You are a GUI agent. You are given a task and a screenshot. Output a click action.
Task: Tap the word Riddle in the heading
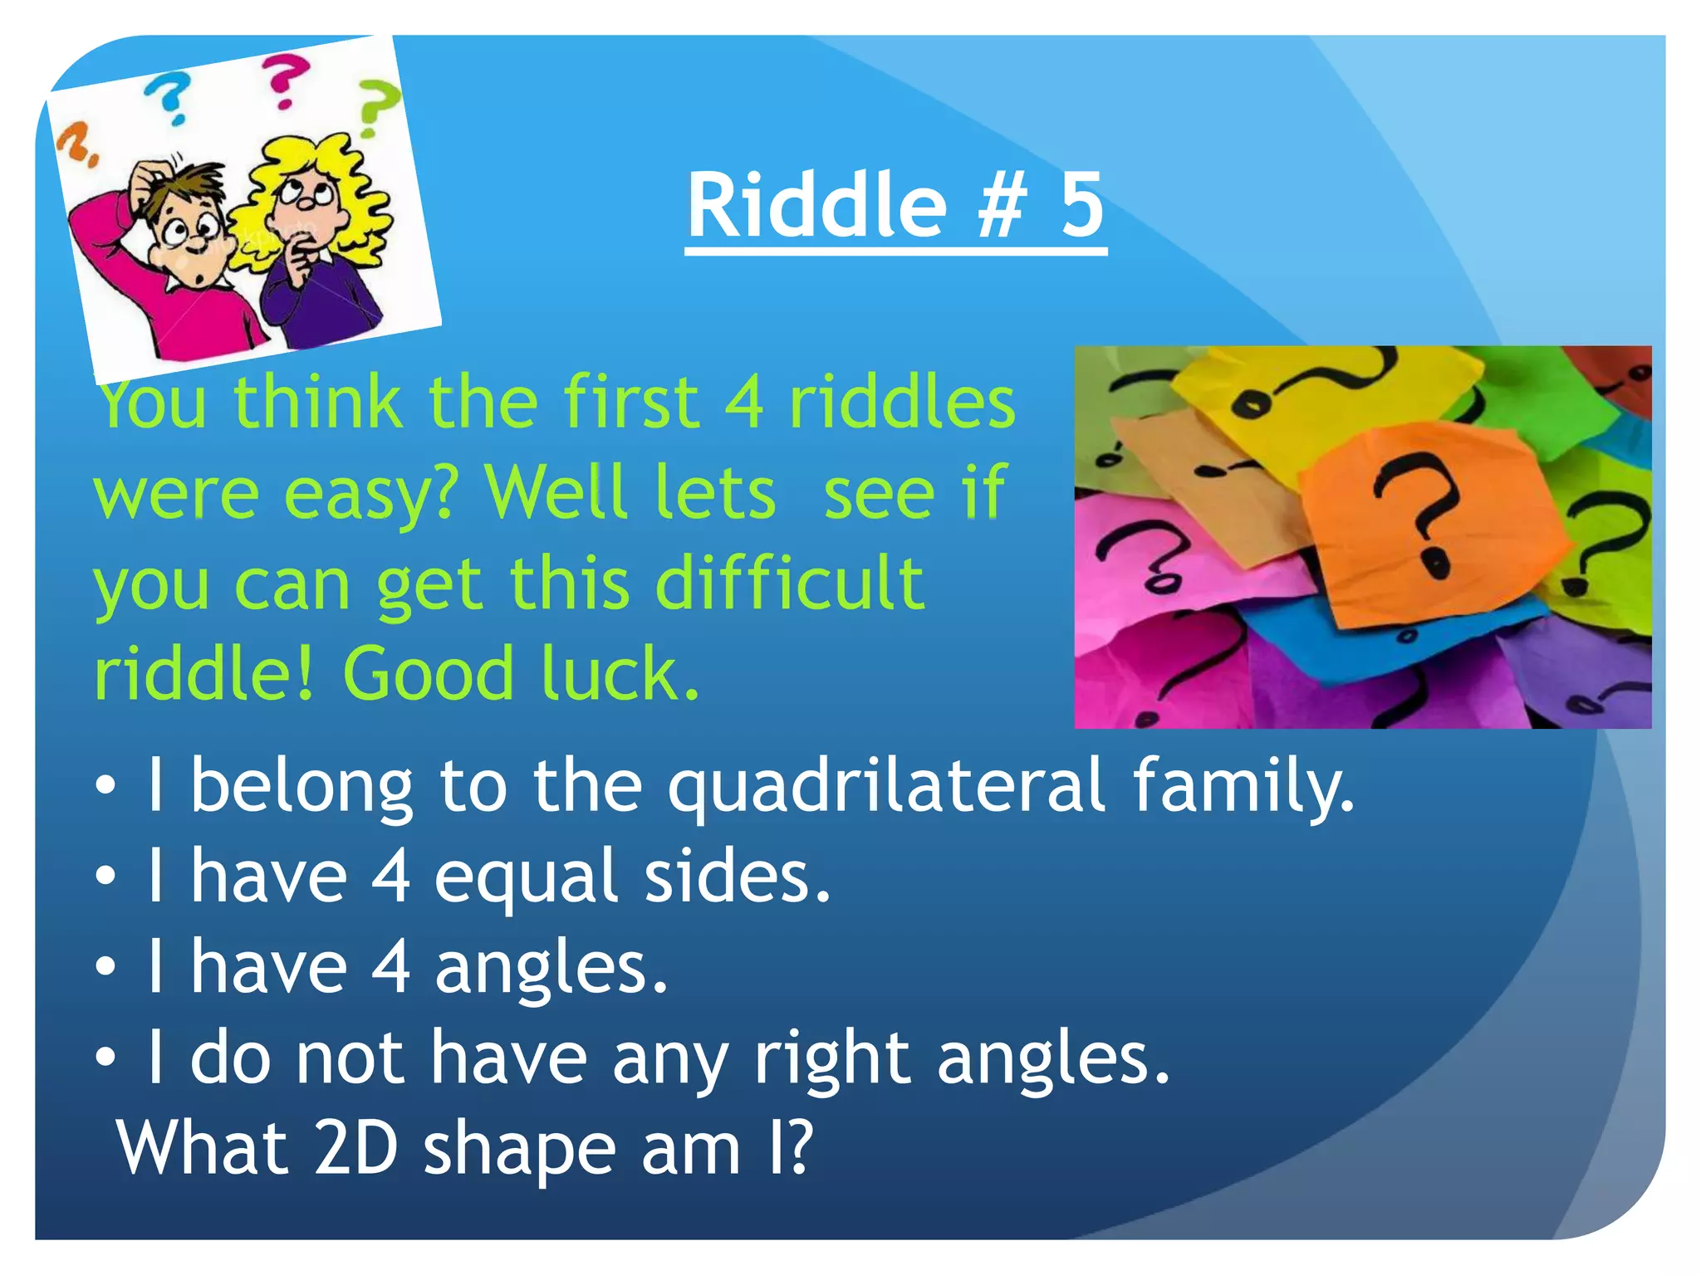(x=816, y=204)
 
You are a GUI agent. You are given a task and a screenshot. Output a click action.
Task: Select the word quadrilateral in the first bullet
(x=886, y=786)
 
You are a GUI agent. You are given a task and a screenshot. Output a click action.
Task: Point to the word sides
(x=737, y=877)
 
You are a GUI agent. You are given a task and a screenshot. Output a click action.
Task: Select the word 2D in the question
(x=356, y=1148)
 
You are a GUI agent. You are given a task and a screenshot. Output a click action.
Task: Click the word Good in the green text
(x=428, y=673)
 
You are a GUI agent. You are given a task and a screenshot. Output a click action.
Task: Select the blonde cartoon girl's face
(x=306, y=203)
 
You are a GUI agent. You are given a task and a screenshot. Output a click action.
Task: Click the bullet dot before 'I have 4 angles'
(x=105, y=967)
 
